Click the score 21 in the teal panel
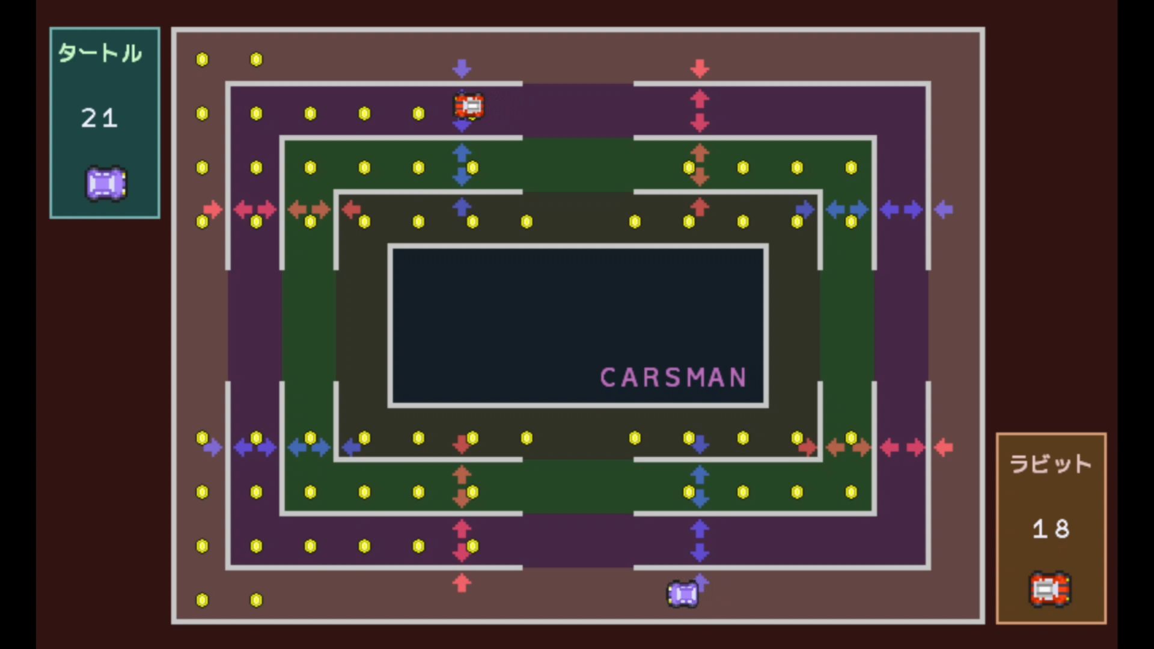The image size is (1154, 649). [99, 118]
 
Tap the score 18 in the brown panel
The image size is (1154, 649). [1051, 529]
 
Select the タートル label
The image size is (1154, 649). [100, 53]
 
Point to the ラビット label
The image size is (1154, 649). [1051, 464]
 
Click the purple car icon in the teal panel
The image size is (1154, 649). [106, 183]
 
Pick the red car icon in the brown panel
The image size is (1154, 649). [1050, 589]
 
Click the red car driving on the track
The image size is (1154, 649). [469, 106]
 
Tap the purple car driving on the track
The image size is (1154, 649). [683, 594]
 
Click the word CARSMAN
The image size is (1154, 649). [673, 377]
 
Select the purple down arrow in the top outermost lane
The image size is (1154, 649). [462, 69]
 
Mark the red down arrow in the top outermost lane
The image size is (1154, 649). [700, 69]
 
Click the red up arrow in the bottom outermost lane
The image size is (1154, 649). [462, 583]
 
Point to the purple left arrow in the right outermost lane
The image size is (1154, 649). [944, 210]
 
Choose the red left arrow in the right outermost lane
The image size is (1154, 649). [944, 448]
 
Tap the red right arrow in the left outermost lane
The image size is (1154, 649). [213, 210]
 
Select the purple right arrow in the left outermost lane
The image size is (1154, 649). [213, 448]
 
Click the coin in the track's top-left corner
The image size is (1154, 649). [203, 59]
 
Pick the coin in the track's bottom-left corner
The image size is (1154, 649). [203, 600]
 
